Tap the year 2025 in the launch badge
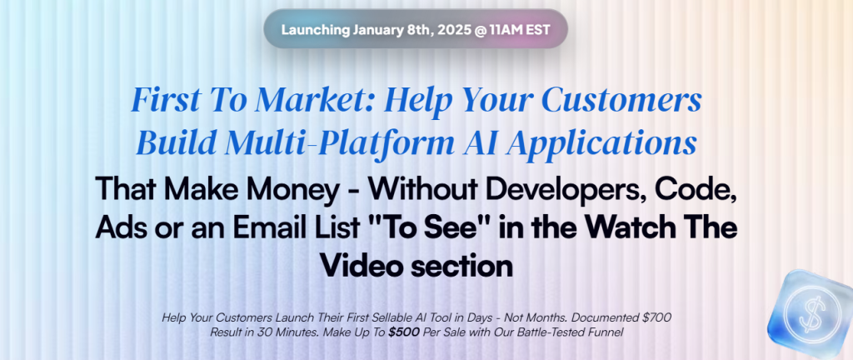[455, 29]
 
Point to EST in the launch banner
[539, 29]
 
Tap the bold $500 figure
[404, 332]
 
